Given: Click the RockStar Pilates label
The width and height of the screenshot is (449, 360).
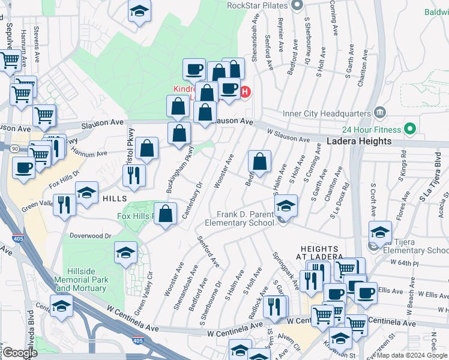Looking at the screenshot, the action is [x=257, y=6].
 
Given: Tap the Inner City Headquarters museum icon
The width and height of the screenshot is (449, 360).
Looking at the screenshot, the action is [x=379, y=112].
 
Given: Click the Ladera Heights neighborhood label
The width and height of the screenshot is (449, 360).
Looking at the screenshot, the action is [x=359, y=142].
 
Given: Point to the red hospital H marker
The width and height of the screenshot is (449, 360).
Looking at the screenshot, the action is [x=245, y=92].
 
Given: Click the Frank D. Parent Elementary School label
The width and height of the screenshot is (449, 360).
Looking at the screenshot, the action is [x=240, y=218].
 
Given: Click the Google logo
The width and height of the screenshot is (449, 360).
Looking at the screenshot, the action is [x=20, y=352].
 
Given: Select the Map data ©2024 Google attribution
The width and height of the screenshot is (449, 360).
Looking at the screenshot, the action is [x=411, y=355].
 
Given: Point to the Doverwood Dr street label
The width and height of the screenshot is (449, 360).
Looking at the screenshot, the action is [x=91, y=236].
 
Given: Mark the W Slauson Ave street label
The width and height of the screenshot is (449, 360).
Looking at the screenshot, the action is [x=288, y=137].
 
